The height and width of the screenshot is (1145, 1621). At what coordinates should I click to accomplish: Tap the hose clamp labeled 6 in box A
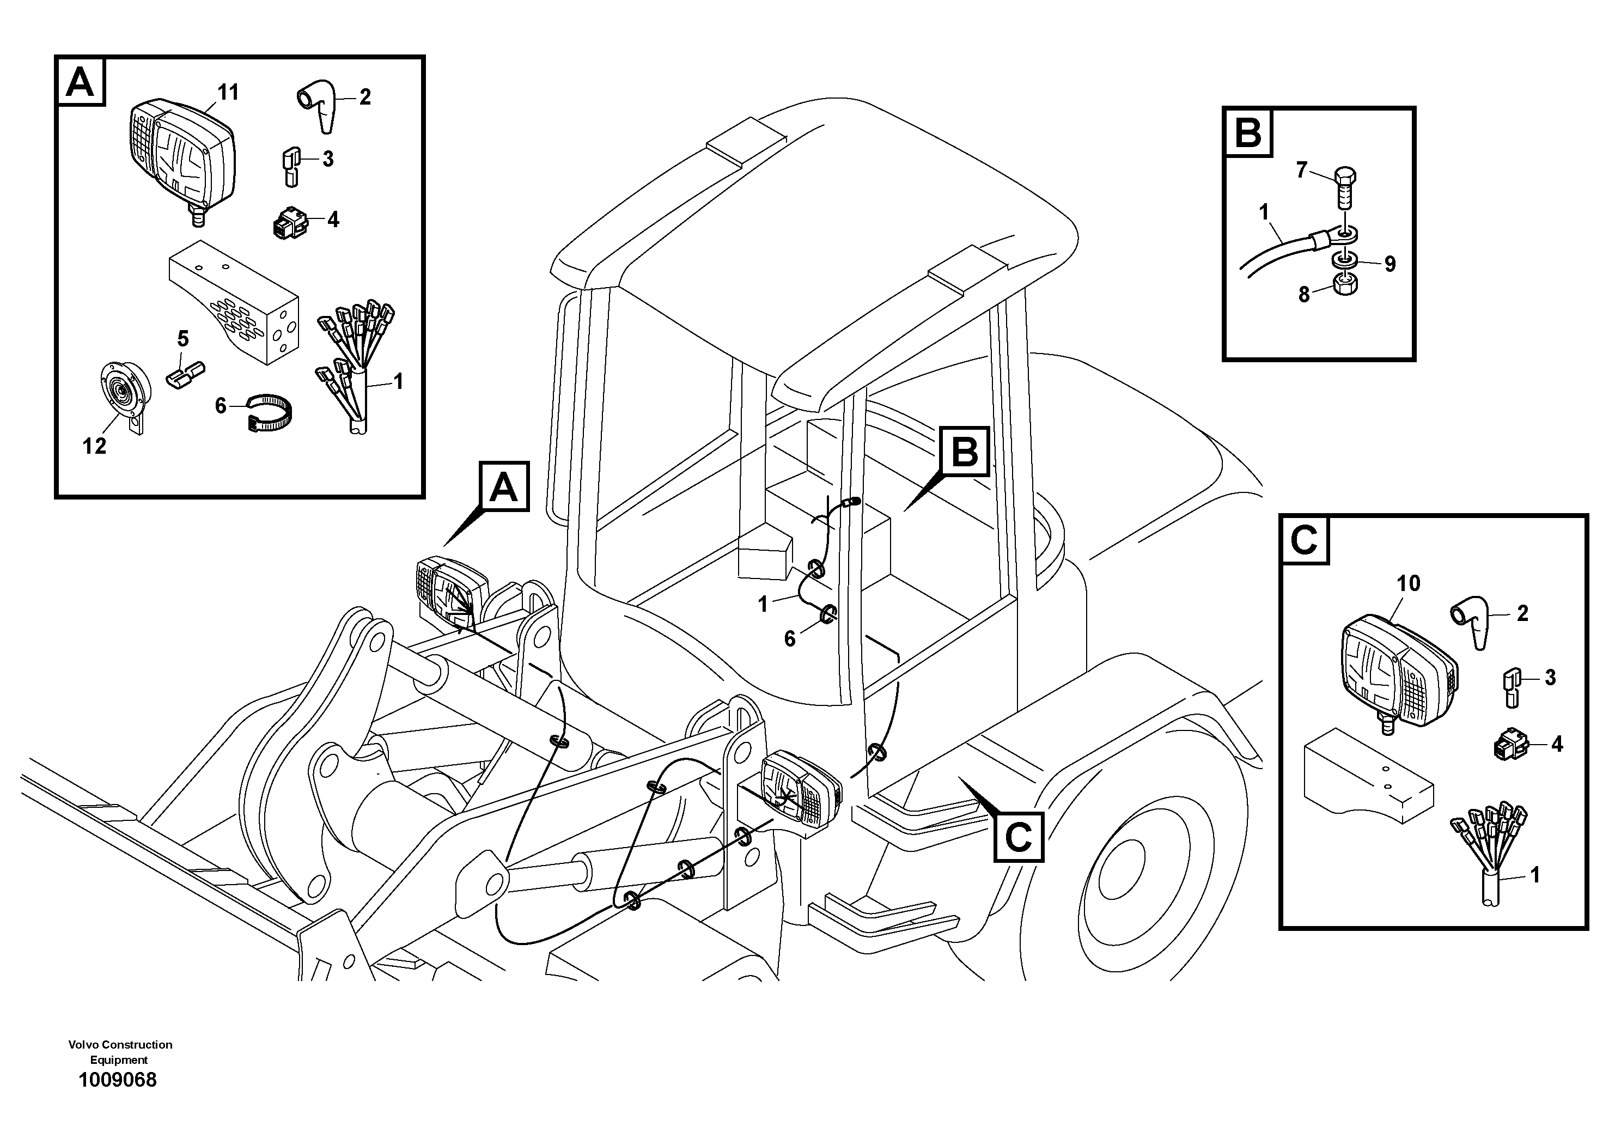point(270,412)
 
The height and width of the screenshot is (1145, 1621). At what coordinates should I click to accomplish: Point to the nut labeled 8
point(1345,284)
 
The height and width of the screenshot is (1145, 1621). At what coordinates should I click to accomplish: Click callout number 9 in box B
point(1390,264)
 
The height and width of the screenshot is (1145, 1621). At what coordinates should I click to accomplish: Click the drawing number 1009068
point(118,1080)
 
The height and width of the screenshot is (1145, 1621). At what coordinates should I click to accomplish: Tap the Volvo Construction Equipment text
point(120,1052)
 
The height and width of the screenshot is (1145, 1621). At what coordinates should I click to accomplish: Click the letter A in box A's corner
point(80,83)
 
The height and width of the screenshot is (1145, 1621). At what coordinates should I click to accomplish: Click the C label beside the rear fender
point(1018,837)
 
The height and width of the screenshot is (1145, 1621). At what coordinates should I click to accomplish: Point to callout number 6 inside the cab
point(789,639)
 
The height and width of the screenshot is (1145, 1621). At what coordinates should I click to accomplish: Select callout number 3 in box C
point(1550,678)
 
